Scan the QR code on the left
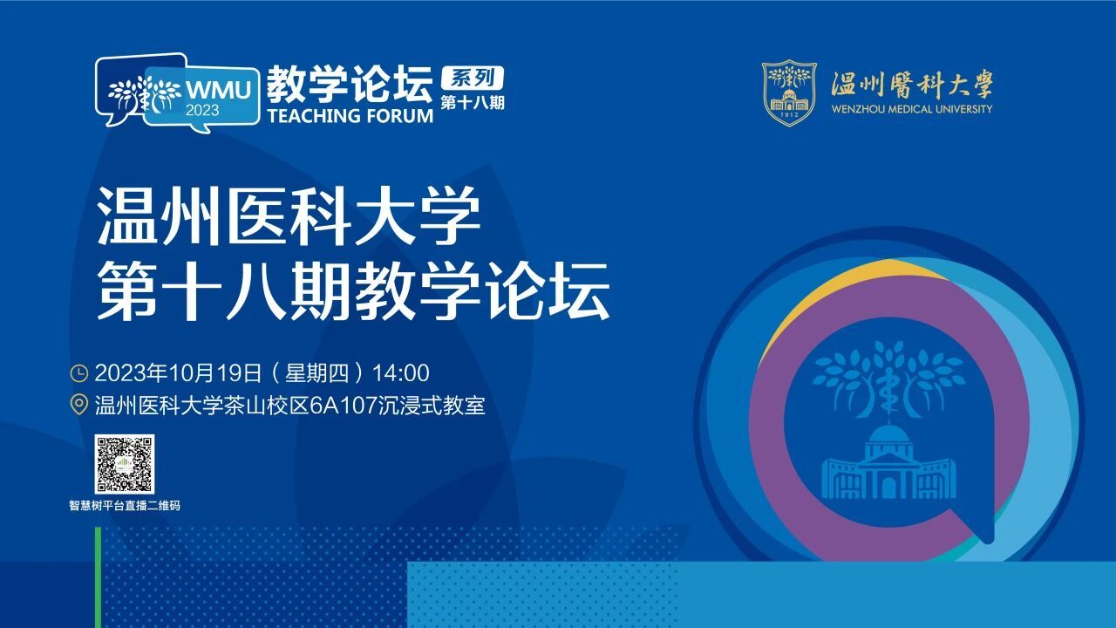coord(125,464)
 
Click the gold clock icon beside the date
coord(78,373)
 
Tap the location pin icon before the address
coord(78,406)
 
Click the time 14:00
coord(400,373)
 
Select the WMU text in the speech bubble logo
coord(218,90)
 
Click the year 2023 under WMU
coord(202,110)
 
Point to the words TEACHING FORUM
coord(350,116)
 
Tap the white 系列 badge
coord(473,78)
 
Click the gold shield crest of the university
coord(789,92)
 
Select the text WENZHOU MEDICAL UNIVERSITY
coord(912,109)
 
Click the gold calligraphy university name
coord(912,85)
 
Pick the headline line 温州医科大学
coord(289,217)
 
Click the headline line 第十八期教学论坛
coord(353,291)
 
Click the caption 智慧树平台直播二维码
coord(125,506)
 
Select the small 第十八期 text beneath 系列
coord(473,103)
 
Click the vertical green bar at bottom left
coord(99,577)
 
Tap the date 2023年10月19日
coord(179,373)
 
